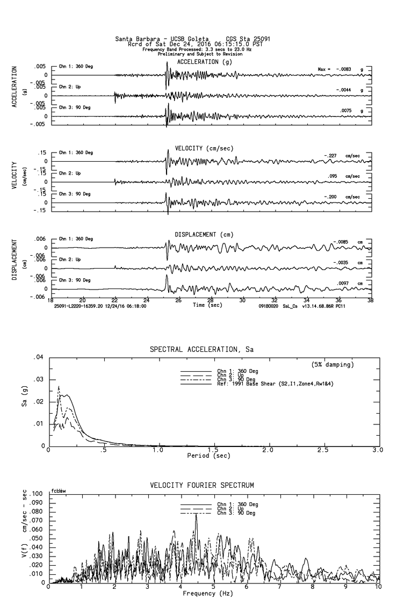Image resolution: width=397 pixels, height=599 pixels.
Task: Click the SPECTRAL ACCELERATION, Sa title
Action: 201,349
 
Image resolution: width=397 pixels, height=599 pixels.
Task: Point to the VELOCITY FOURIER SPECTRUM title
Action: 201,485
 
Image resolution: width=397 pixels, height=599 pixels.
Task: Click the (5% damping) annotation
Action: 333,365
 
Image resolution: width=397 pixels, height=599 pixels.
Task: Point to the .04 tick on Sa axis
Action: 38,357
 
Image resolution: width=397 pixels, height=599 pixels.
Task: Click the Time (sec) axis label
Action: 207,305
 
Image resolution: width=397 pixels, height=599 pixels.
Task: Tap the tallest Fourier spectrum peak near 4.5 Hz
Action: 196,515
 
